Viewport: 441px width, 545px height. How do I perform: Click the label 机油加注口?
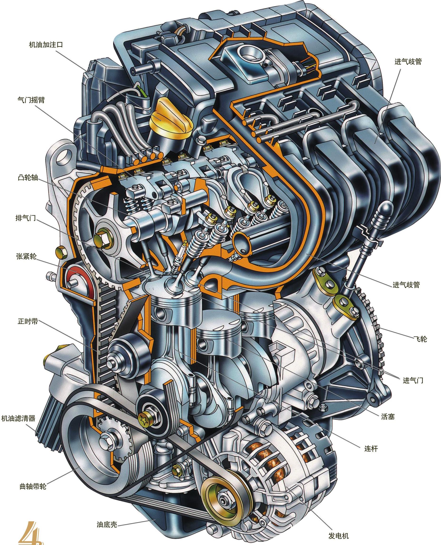(46, 45)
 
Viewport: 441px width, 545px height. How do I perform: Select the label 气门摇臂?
(31, 100)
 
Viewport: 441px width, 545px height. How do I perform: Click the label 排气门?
(26, 218)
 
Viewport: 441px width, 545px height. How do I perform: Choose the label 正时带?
(28, 321)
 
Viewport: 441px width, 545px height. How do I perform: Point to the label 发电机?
(339, 534)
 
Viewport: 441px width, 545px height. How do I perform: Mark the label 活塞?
(388, 416)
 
